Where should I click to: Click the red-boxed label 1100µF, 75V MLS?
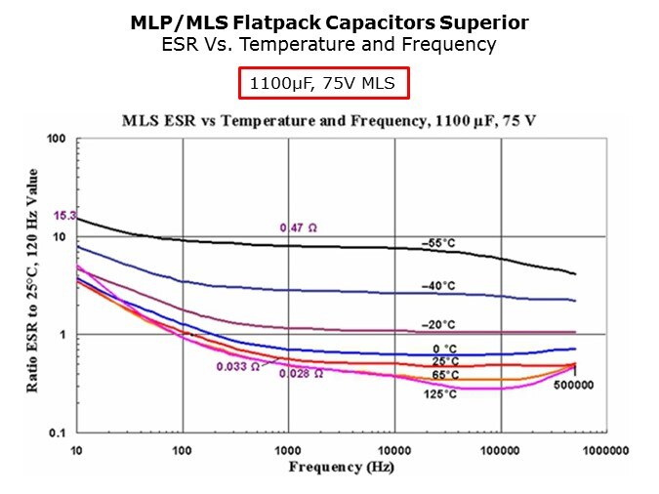coord(322,84)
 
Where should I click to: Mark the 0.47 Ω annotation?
coord(299,227)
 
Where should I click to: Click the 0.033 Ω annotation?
coord(238,367)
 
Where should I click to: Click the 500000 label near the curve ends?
coord(572,385)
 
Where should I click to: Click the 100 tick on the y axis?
coord(56,140)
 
